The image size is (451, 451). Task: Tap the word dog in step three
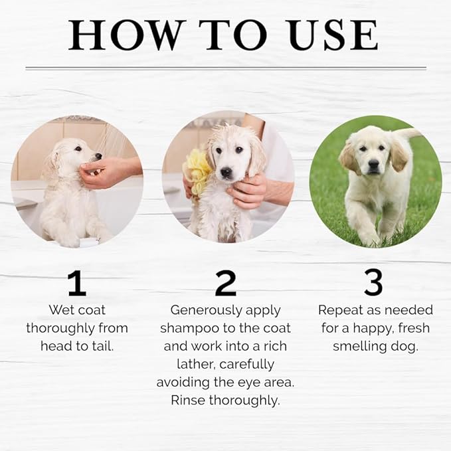[405, 346]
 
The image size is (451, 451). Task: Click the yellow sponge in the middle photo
[198, 171]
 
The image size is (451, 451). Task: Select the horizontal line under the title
[225, 68]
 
